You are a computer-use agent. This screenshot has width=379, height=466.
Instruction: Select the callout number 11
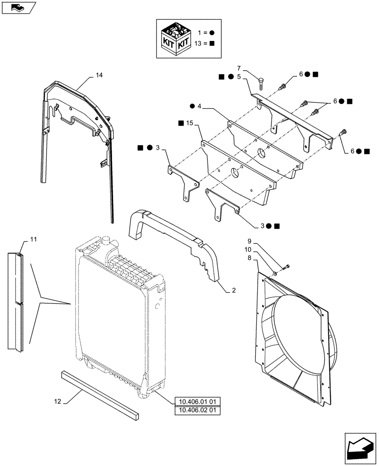pos(33,239)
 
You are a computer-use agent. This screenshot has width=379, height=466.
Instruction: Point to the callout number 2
pos(233,290)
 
